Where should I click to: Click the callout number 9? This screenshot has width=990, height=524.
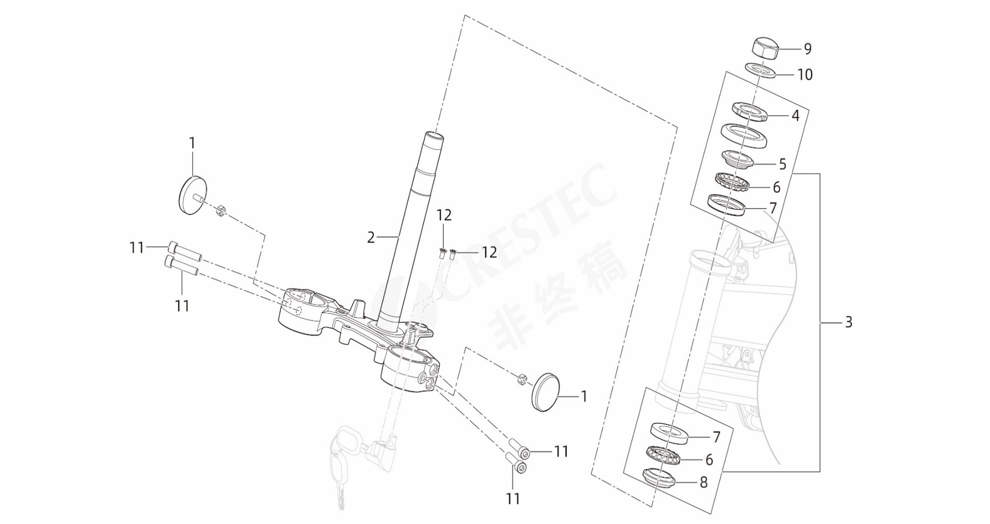807,48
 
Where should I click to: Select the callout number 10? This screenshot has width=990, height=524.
805,74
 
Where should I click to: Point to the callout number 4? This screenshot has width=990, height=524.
795,115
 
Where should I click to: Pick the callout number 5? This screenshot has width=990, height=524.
783,164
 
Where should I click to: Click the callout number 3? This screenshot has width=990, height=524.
848,322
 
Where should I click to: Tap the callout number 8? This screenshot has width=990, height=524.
704,482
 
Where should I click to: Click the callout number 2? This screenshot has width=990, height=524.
371,237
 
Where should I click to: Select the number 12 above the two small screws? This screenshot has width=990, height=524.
444,215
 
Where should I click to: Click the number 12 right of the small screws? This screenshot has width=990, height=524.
489,252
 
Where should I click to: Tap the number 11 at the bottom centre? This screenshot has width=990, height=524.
513,498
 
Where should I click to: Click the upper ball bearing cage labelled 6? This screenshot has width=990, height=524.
730,181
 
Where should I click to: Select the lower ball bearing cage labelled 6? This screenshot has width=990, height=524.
665,454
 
